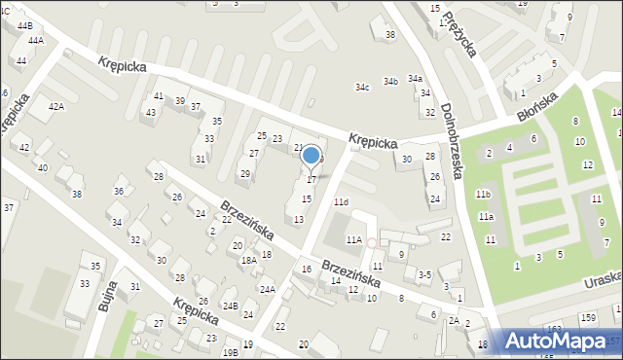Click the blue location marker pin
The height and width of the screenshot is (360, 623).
click(x=311, y=156)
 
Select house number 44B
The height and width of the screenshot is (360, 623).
click(x=24, y=25)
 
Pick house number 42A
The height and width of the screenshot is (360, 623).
click(x=56, y=106)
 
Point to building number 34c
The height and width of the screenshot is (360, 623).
click(x=362, y=88)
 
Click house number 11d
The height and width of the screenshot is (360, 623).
click(x=341, y=201)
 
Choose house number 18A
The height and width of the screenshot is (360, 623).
click(x=249, y=260)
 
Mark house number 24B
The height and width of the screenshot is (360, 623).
click(x=230, y=306)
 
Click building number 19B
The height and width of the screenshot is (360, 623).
click(x=230, y=351)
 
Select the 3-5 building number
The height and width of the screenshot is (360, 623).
click(x=424, y=275)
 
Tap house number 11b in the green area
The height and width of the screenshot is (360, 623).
click(x=483, y=195)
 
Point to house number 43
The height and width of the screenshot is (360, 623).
click(x=150, y=112)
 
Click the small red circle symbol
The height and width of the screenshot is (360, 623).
click(x=371, y=242)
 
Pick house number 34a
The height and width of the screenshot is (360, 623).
click(x=415, y=78)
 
